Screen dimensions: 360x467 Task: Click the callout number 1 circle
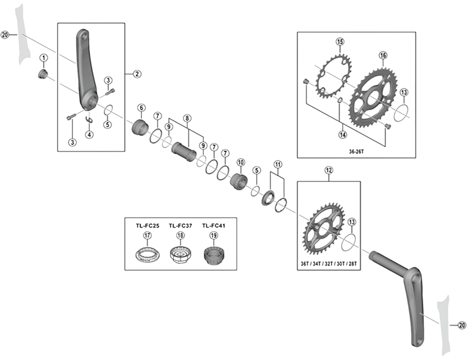[x=43, y=57]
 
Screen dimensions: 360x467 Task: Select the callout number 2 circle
[x=137, y=74]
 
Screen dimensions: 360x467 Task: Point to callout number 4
[x=89, y=135]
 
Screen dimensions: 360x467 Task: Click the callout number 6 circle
[x=141, y=107]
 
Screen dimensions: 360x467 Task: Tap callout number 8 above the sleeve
[x=187, y=118]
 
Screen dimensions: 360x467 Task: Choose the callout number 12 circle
[x=329, y=170]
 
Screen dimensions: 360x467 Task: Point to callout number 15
[x=340, y=41]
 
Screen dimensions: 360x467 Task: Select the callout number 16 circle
[x=383, y=55]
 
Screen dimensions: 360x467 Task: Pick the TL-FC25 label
[x=148, y=225]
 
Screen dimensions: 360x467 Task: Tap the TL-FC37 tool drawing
[x=180, y=255]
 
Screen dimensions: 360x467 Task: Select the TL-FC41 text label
[x=214, y=225]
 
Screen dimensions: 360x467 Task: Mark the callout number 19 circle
[x=214, y=236]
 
